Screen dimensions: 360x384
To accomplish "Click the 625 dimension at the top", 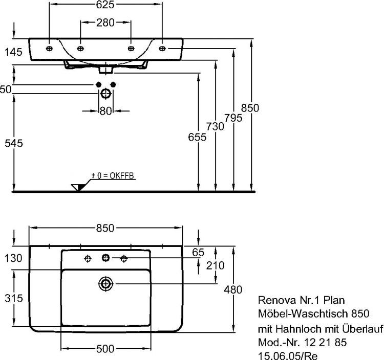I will pyautogui.click(x=105, y=5).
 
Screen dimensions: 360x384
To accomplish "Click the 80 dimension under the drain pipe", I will pyautogui.click(x=105, y=111).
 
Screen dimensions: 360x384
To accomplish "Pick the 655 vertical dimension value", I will pyautogui.click(x=197, y=137).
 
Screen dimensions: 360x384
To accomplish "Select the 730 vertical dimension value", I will pyautogui.click(x=216, y=126).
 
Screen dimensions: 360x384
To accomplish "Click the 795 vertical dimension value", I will pyautogui.click(x=233, y=117).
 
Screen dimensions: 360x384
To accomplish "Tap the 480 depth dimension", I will pyautogui.click(x=233, y=290).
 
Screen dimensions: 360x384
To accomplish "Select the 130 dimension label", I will pyautogui.click(x=11, y=258).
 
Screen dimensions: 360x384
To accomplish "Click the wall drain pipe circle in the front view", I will pyautogui.click(x=105, y=94).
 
